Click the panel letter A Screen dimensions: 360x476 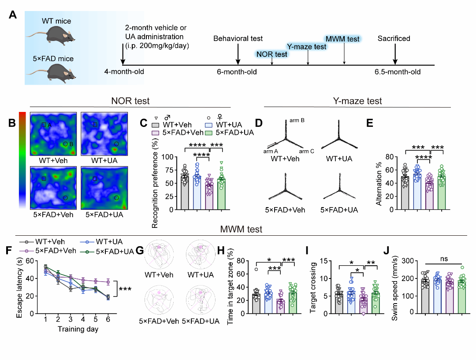coord(13,15)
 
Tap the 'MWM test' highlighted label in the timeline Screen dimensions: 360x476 coord(342,39)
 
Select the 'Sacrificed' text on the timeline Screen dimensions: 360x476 coord(394,39)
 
